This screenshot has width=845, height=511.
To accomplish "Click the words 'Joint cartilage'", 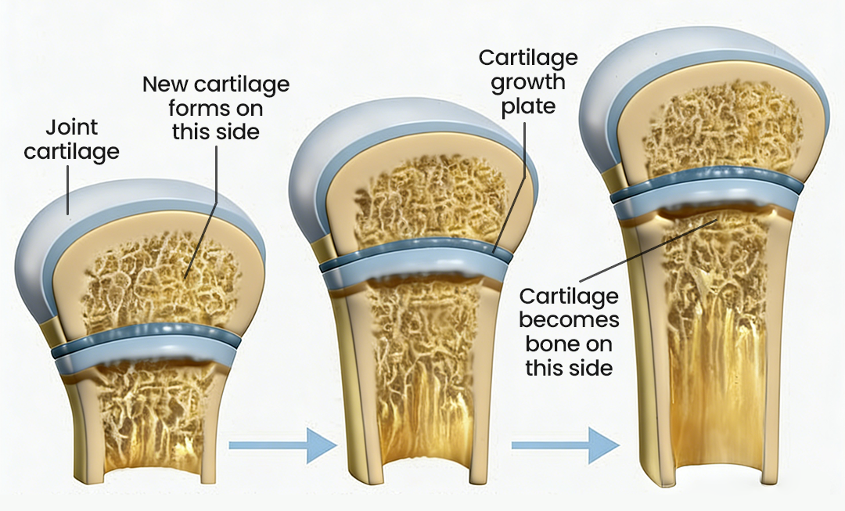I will coord(71,139).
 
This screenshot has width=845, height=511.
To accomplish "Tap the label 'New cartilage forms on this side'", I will coord(216,107).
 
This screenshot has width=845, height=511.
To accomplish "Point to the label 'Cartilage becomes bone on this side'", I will coord(568,332).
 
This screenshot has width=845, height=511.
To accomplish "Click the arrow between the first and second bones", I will coord(282,446).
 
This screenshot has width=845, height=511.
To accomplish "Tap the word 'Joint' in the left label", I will coord(72,127).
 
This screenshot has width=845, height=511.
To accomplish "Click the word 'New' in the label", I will coord(164,84).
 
